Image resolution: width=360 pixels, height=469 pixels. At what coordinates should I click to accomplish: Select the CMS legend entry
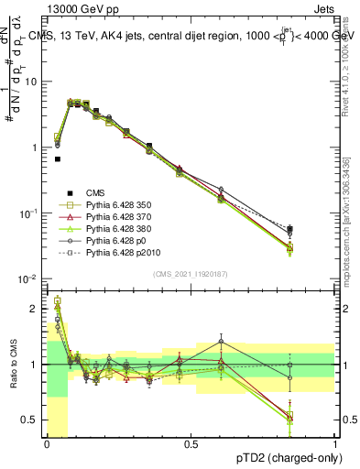tap(95, 192)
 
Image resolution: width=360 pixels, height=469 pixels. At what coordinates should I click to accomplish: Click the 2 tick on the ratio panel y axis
tap(35, 309)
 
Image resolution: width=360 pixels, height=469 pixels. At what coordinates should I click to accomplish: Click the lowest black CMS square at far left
tap(57, 158)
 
